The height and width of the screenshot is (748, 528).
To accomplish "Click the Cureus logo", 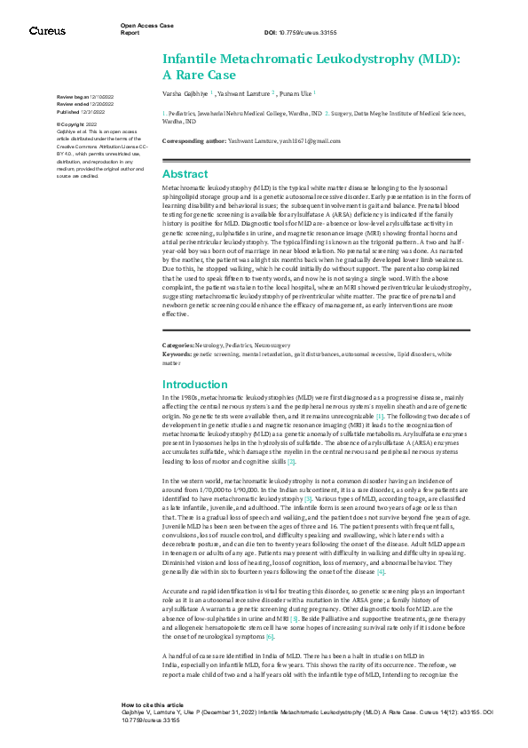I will (x=46, y=30).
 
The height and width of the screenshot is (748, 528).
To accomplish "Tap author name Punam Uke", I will (x=296, y=92).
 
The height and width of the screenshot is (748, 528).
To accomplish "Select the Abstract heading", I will (x=185, y=173).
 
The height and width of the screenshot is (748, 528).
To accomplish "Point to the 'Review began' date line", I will (x=84, y=95).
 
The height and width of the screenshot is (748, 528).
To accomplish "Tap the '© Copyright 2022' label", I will (x=78, y=124).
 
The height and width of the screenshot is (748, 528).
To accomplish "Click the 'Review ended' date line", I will (x=84, y=104).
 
